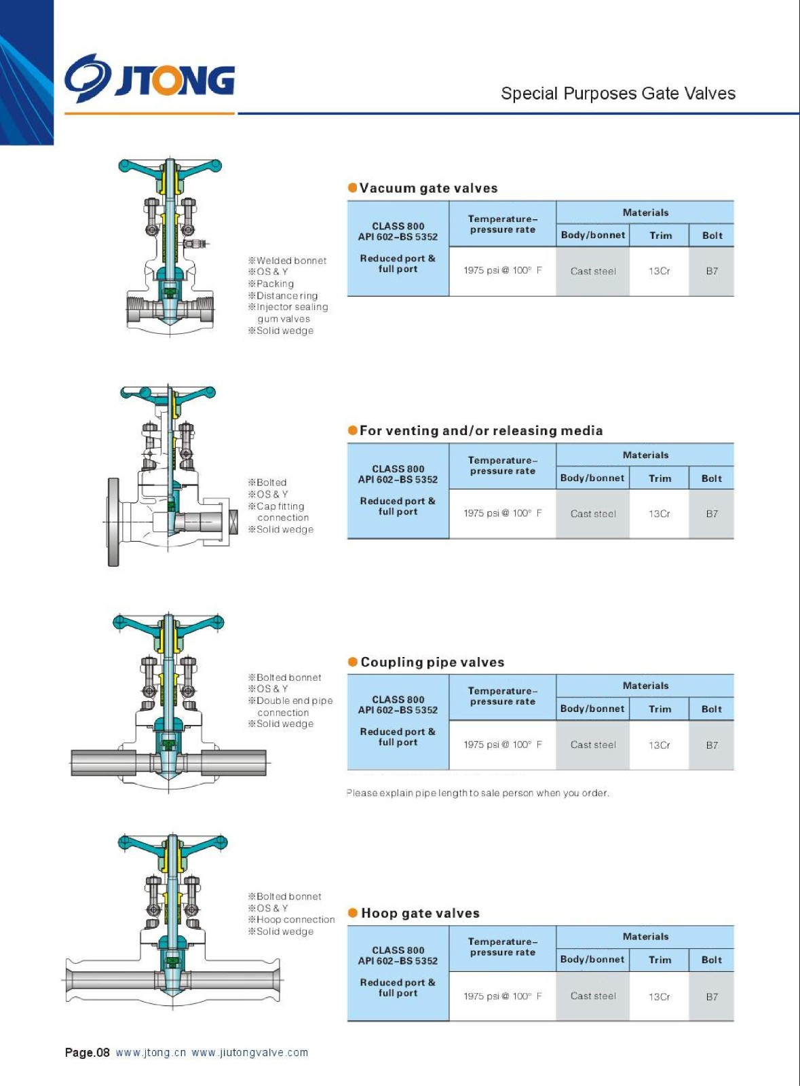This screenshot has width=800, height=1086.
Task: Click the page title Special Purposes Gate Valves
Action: (x=617, y=94)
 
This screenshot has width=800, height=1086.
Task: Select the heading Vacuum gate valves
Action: (x=428, y=188)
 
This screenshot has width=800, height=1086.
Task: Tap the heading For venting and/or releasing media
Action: (x=480, y=430)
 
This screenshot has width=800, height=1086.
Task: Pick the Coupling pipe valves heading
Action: (x=432, y=662)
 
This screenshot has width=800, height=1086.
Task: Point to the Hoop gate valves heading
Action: (x=420, y=913)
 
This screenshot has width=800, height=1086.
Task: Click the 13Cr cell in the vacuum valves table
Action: (x=659, y=271)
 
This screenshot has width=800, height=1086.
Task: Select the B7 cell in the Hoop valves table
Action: (x=711, y=996)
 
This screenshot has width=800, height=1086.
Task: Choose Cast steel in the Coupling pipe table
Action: (x=593, y=745)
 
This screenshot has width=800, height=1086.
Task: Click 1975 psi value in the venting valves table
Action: (x=502, y=513)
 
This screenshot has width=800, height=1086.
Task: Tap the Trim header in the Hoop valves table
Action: (x=660, y=960)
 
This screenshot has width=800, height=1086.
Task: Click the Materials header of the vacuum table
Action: (x=645, y=212)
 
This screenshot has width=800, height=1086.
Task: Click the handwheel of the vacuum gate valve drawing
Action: (x=170, y=166)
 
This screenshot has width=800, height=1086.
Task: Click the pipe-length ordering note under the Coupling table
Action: (x=478, y=793)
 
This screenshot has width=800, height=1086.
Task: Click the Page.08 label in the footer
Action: (x=87, y=1053)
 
